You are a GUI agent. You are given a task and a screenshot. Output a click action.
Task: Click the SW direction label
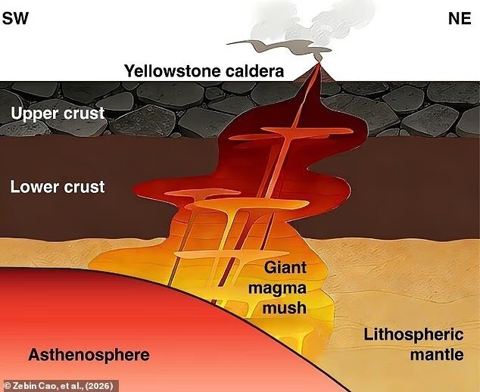(15, 19)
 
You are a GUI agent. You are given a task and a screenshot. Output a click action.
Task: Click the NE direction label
(460, 19)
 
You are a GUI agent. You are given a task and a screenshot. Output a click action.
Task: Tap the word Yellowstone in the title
(173, 71)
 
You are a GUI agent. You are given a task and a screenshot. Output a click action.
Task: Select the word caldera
(254, 71)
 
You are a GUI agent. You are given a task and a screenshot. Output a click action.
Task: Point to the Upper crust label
(58, 114)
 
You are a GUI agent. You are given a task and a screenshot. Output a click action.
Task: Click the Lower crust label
(58, 187)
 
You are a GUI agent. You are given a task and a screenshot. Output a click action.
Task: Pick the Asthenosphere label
(89, 355)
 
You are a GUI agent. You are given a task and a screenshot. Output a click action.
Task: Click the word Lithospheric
(413, 334)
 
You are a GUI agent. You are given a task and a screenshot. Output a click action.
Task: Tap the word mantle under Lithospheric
(437, 355)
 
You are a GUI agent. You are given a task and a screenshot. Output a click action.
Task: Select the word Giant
(285, 267)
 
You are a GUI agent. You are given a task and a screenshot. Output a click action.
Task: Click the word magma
(277, 288)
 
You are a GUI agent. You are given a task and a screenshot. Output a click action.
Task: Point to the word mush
(285, 308)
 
